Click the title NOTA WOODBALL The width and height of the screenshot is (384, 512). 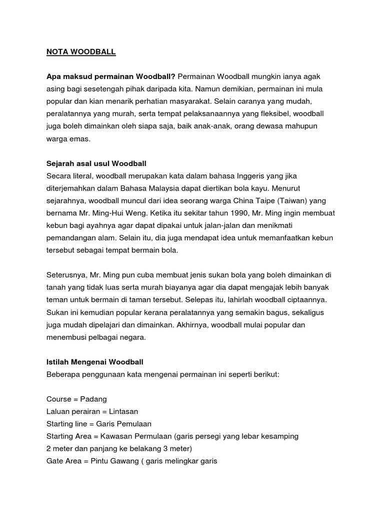coord(80,51)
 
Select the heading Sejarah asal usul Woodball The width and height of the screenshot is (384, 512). coord(95,163)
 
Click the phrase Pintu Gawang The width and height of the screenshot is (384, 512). coord(114,460)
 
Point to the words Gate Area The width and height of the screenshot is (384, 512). coord(64,460)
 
